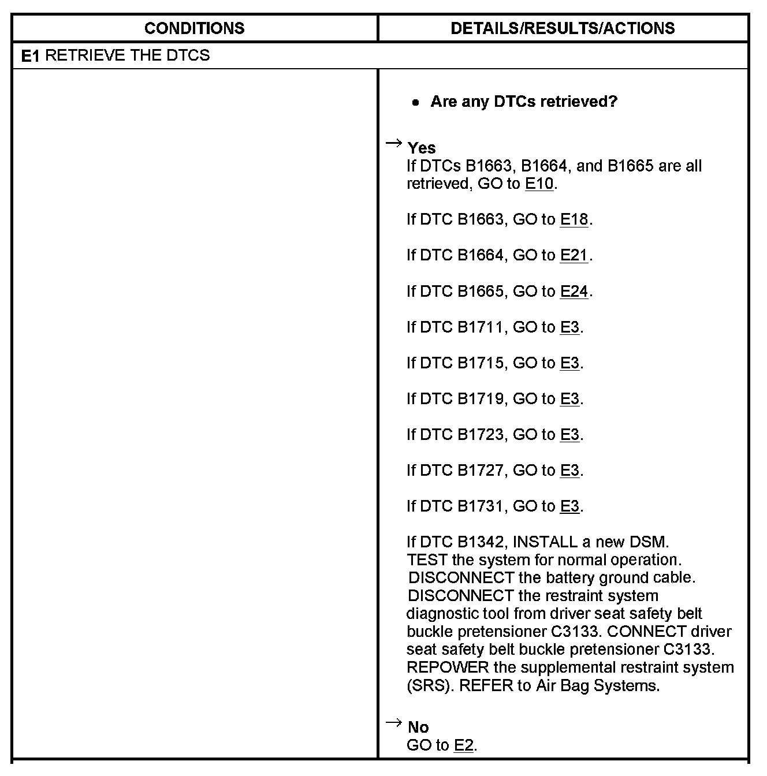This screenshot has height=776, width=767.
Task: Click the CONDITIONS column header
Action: [194, 28]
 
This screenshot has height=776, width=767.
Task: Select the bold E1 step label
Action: [30, 56]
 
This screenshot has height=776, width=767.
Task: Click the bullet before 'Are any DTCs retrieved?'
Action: [415, 103]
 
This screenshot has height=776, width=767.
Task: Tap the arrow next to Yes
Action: [393, 143]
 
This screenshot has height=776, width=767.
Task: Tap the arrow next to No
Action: [393, 722]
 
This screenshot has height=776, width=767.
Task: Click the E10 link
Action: [539, 184]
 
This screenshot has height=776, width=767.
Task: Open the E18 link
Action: [574, 219]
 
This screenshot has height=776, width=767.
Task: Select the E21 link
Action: [574, 255]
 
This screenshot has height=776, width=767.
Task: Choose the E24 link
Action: [574, 291]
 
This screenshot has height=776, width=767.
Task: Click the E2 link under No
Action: [464, 745]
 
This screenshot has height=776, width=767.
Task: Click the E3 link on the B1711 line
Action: [569, 327]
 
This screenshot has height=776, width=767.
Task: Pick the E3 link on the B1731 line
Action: [569, 506]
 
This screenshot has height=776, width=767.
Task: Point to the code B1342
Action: [481, 542]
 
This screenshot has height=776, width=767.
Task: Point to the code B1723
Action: [481, 434]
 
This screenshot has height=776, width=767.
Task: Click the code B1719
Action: [481, 398]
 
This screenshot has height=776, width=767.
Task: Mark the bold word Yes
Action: [422, 148]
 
